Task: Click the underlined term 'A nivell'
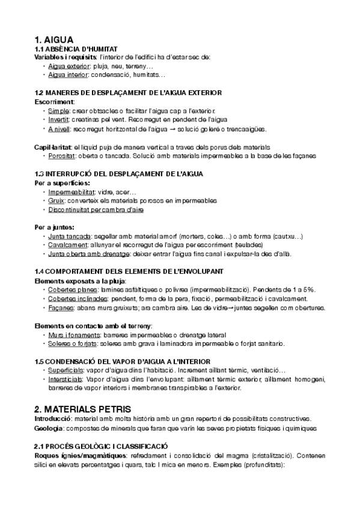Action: click(x=59, y=129)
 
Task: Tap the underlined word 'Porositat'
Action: click(x=62, y=156)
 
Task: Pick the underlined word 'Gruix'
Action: click(x=56, y=200)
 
